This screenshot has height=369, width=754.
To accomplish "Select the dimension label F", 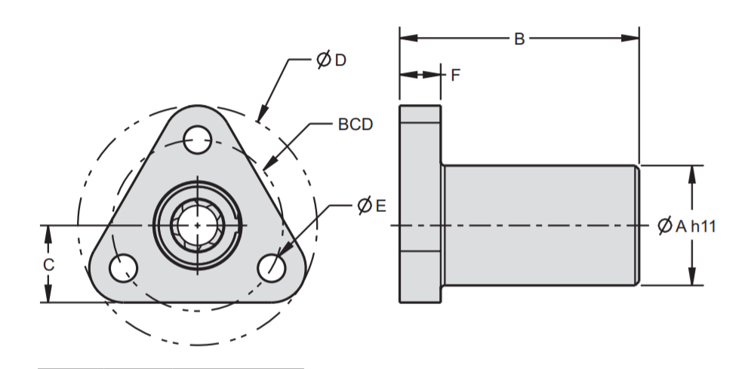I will click(x=454, y=75).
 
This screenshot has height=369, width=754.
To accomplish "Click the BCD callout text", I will click(x=355, y=125).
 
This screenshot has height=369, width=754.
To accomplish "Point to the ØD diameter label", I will click(x=331, y=60).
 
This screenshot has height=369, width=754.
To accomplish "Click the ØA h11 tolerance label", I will click(x=686, y=226).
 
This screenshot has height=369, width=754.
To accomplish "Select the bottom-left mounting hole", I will click(x=122, y=267).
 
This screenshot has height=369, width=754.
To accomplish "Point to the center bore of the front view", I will click(x=197, y=226).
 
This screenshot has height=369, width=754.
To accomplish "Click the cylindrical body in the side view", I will click(x=540, y=225).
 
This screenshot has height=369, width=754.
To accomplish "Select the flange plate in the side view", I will click(x=420, y=204).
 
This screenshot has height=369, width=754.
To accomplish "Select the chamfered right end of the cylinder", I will click(x=638, y=225).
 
